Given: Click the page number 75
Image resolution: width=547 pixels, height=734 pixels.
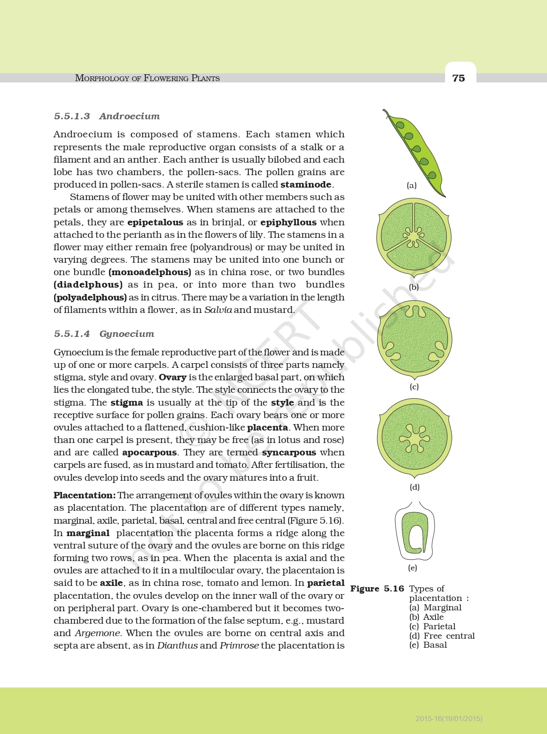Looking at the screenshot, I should (459, 78).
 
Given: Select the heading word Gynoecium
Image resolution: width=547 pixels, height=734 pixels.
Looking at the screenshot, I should (127, 334).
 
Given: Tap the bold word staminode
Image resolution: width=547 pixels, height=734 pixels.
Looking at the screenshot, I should (305, 185).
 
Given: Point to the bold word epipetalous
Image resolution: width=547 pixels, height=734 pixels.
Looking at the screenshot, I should (155, 222).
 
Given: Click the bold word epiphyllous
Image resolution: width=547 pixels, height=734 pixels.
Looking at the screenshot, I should (288, 222).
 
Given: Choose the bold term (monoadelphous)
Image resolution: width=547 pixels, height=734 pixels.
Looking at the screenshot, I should (150, 272).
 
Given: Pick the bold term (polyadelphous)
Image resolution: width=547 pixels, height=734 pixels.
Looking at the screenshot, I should (90, 297).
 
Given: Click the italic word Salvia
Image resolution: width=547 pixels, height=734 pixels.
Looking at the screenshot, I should (218, 310).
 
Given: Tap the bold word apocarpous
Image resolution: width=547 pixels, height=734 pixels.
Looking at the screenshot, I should (149, 452).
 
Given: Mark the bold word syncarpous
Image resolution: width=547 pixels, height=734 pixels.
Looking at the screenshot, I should (289, 452).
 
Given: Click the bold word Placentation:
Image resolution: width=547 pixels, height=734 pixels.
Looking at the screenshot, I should (85, 495).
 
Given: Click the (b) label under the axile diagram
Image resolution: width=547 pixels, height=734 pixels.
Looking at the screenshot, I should (414, 287).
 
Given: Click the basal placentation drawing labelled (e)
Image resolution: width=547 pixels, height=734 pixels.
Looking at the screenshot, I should (414, 532).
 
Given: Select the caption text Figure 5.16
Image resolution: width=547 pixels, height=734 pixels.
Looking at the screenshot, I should (377, 588).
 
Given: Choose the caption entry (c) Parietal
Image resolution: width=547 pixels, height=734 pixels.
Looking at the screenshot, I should (432, 626).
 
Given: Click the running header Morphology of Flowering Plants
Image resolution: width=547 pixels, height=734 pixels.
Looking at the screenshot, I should (147, 78).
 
